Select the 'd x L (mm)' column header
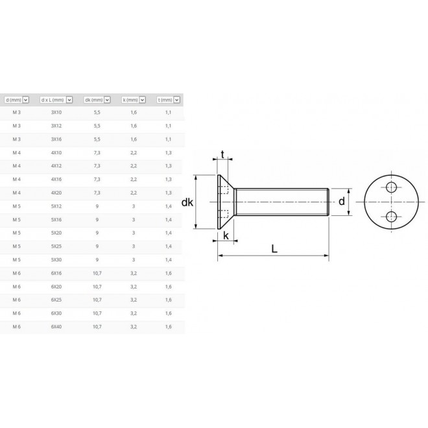pyautogui.click(x=53, y=100)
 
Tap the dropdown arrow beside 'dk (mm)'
pyautogui.click(x=110, y=100)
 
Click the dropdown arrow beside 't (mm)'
pyautogui.click(x=176, y=100)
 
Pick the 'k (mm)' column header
pyautogui.click(x=130, y=100)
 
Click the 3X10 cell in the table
pyautogui.click(x=57, y=112)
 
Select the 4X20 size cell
pyautogui.click(x=57, y=193)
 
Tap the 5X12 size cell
pyautogui.click(x=57, y=206)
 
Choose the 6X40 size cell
pyautogui.click(x=57, y=327)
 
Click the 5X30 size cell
pyautogui.click(x=57, y=259)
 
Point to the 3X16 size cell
pyautogui.click(x=57, y=139)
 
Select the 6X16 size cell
pyautogui.click(x=57, y=273)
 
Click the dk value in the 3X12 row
pyautogui.click(x=97, y=125)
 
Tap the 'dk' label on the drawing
pyautogui.click(x=188, y=203)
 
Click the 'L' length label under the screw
pyautogui.click(x=275, y=248)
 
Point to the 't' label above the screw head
pyautogui.click(x=223, y=155)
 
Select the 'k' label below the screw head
pyautogui.click(x=226, y=235)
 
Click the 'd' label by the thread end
pyautogui.click(x=342, y=202)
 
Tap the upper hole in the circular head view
pyautogui.click(x=390, y=187)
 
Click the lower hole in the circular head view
pyautogui.click(x=390, y=216)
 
